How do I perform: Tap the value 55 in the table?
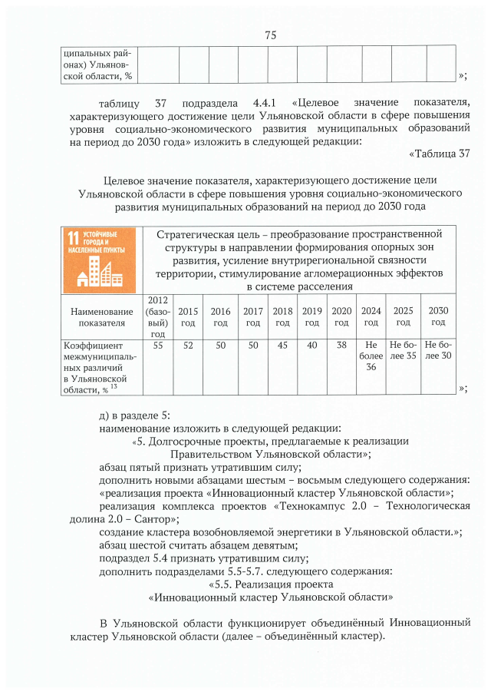click(x=158, y=346)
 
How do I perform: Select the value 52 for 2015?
click(x=187, y=346)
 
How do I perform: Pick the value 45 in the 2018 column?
click(x=282, y=346)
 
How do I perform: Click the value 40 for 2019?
click(x=311, y=346)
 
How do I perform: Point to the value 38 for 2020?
click(x=341, y=346)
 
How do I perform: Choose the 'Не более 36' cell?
click(x=371, y=356)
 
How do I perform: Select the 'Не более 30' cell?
click(x=439, y=351)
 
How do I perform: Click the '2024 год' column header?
click(x=371, y=316)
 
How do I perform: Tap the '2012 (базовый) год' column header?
click(x=158, y=316)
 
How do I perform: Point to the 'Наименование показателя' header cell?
click(x=102, y=317)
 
